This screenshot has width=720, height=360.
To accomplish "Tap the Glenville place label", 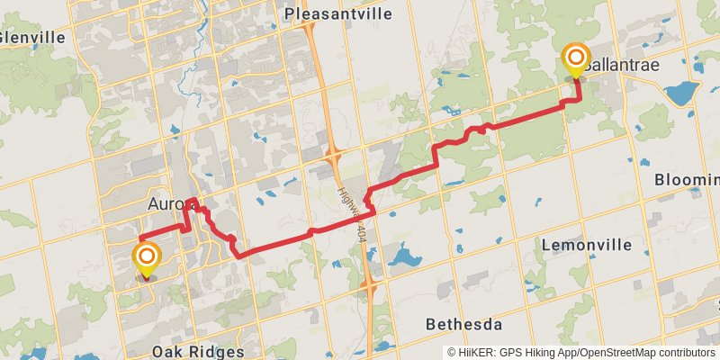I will pos(33,38).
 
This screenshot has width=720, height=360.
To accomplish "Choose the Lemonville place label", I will pos(582,244).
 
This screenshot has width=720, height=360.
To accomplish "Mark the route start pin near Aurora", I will pos(146,259).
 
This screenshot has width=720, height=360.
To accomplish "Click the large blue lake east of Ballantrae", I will pos(681,93).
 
